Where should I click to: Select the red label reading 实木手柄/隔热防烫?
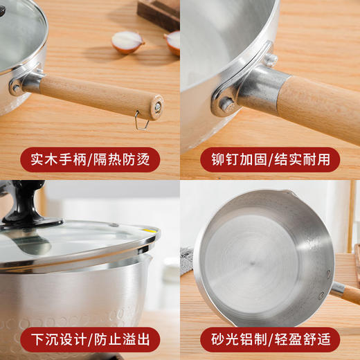coord(90,159)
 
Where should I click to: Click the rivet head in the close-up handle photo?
coord(226,105)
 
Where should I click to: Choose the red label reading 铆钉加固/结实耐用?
coord(270,159)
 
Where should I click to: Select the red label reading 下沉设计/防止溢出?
coord(90,340)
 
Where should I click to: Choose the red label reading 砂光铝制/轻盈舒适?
coord(270,340)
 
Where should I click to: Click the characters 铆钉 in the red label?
coord(225,159)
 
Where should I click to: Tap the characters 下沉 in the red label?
coord(45,340)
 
